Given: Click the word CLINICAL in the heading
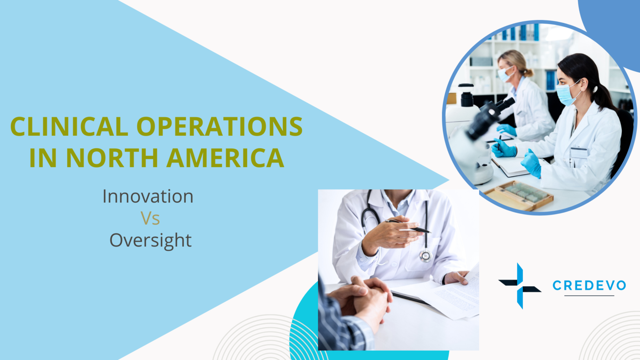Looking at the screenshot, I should click(x=69, y=127).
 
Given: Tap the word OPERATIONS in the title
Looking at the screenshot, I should click(x=219, y=127).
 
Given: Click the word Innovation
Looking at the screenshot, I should click(x=148, y=197).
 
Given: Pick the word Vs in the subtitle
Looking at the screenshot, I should click(x=150, y=219).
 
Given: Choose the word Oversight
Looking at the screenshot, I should click(x=150, y=241).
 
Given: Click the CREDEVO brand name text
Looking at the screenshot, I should click(x=589, y=285).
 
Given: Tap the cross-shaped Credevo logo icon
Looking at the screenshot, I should click(x=520, y=286).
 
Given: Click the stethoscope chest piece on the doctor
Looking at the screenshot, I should click(x=425, y=255).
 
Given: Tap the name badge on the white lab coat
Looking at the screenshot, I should click(x=579, y=152).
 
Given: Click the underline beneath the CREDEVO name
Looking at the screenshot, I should click(x=589, y=296).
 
